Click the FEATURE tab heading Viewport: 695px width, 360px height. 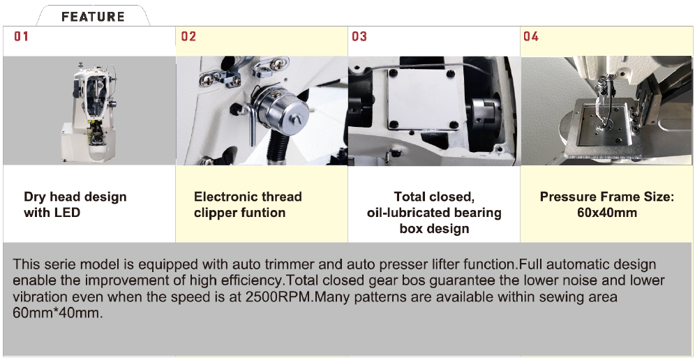[93, 17]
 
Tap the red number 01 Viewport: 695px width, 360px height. [21, 36]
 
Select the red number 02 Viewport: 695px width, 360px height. [188, 36]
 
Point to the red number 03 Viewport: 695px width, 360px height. [359, 36]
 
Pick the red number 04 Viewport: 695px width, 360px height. [531, 36]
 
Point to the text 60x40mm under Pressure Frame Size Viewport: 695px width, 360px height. [607, 213]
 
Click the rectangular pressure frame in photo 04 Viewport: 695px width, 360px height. [606, 128]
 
